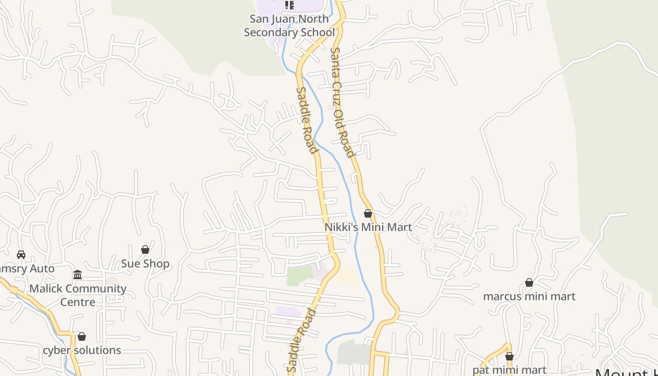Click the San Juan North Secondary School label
[289, 26]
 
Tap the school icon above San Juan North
[290, 5]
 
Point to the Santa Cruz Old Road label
[342, 102]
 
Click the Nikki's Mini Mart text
[368, 227]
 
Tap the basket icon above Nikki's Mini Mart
[368, 213]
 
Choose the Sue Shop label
[145, 264]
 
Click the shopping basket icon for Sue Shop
[145, 250]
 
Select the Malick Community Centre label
[78, 295]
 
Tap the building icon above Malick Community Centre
[78, 274]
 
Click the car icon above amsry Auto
[21, 255]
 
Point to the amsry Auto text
[27, 269]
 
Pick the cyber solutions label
[82, 350]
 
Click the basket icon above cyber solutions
[82, 337]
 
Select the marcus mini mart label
[529, 297]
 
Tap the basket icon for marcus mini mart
[529, 282]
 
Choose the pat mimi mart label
[509, 370]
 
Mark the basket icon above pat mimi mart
[509, 356]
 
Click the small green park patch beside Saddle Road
[300, 275]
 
